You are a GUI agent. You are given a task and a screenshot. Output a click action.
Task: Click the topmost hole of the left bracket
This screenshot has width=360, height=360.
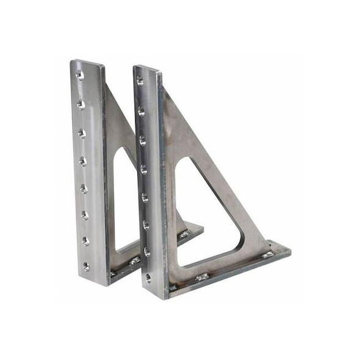79,75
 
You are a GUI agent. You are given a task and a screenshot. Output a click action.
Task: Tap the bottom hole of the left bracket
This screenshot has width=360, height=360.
86,267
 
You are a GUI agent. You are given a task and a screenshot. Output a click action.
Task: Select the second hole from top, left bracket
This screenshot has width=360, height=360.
81,104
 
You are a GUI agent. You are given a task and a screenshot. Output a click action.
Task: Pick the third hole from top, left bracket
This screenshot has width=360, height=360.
82,133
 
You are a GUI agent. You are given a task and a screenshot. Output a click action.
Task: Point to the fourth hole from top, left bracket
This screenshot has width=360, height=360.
83,161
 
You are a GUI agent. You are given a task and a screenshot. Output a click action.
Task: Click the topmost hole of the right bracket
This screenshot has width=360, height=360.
140,81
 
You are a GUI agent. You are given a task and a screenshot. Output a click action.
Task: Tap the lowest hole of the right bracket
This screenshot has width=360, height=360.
148,278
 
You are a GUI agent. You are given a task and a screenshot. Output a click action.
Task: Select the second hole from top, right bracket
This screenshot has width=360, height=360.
141,112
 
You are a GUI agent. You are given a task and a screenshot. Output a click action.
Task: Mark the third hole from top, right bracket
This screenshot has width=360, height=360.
142,140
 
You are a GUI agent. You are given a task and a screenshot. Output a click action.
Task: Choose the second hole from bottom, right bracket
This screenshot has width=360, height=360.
146,251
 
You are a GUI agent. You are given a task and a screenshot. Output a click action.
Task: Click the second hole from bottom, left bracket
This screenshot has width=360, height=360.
85,241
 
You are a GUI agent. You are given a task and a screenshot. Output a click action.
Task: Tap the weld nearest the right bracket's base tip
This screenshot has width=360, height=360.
267,254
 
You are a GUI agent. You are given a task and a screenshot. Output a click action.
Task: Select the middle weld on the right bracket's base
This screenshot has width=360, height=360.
202,276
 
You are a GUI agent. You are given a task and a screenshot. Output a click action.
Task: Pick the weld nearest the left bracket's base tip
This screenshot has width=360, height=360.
184,234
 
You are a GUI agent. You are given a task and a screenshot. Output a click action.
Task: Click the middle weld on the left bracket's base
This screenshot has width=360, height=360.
135,261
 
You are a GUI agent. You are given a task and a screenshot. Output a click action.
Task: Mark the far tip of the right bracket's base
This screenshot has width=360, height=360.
288,250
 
